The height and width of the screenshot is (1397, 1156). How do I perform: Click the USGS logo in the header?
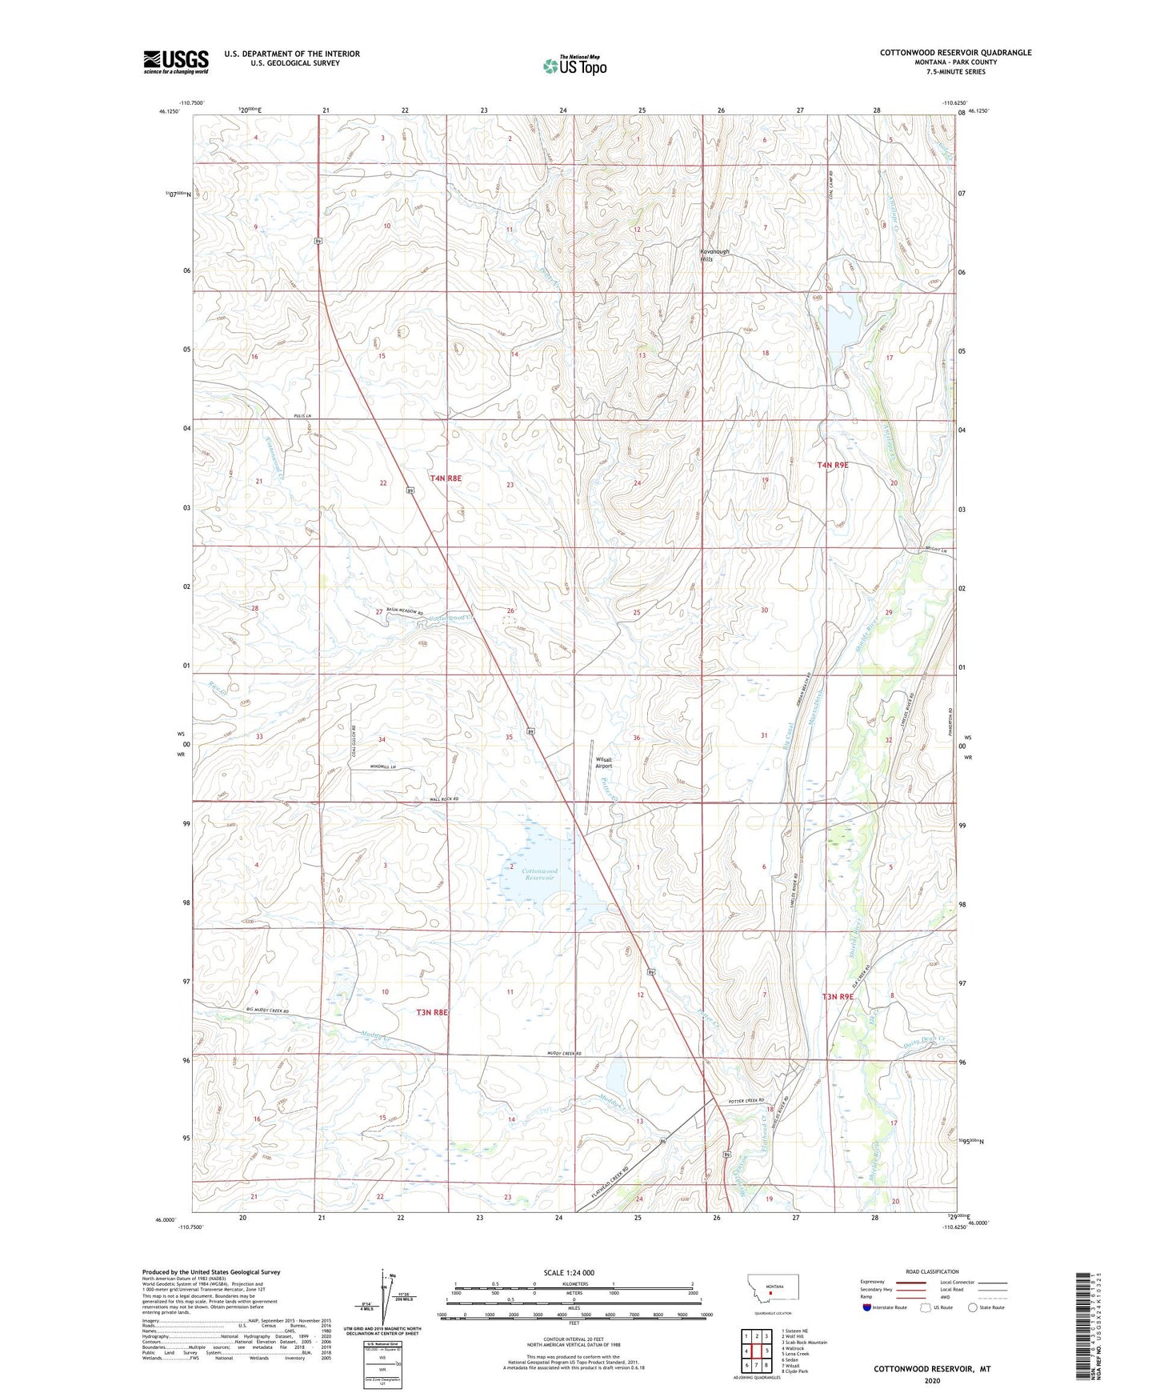coord(175,61)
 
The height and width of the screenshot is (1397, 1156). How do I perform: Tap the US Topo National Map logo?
coord(574,65)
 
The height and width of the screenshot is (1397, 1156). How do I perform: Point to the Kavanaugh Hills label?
coord(714,255)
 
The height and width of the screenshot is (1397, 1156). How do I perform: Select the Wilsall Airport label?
coord(603,763)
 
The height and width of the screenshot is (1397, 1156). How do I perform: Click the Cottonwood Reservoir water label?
coord(539,874)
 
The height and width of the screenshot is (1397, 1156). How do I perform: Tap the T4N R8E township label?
coord(446,478)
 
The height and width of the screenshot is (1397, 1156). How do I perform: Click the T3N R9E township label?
coord(838,997)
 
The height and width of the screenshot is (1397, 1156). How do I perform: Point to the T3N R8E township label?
coord(432,1012)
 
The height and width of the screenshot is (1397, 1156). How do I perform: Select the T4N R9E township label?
coord(833,465)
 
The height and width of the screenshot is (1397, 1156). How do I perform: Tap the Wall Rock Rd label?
coord(443,799)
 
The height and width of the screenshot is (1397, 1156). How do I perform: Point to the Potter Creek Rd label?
coord(746,1101)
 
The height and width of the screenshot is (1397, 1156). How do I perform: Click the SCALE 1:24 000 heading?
coord(569,1272)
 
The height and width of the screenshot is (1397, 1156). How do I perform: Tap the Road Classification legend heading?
coord(932,1271)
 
